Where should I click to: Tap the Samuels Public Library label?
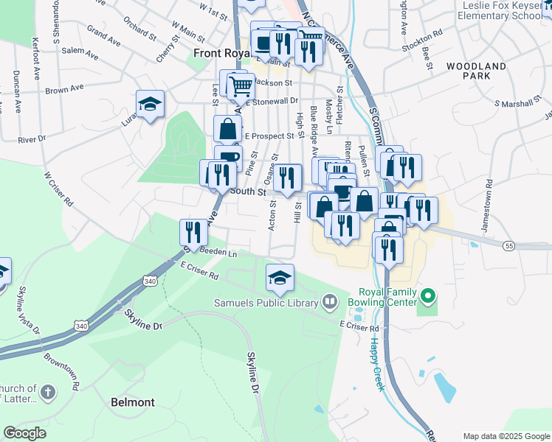266,301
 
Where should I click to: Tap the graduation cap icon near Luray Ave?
150,104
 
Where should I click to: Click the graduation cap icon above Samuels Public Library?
280,278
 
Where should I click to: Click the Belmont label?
132,402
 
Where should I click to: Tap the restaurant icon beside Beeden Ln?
191,232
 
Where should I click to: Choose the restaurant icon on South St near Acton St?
287,178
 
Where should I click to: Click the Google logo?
24,433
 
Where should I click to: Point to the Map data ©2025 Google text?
506,436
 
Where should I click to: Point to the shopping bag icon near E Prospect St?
228,129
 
